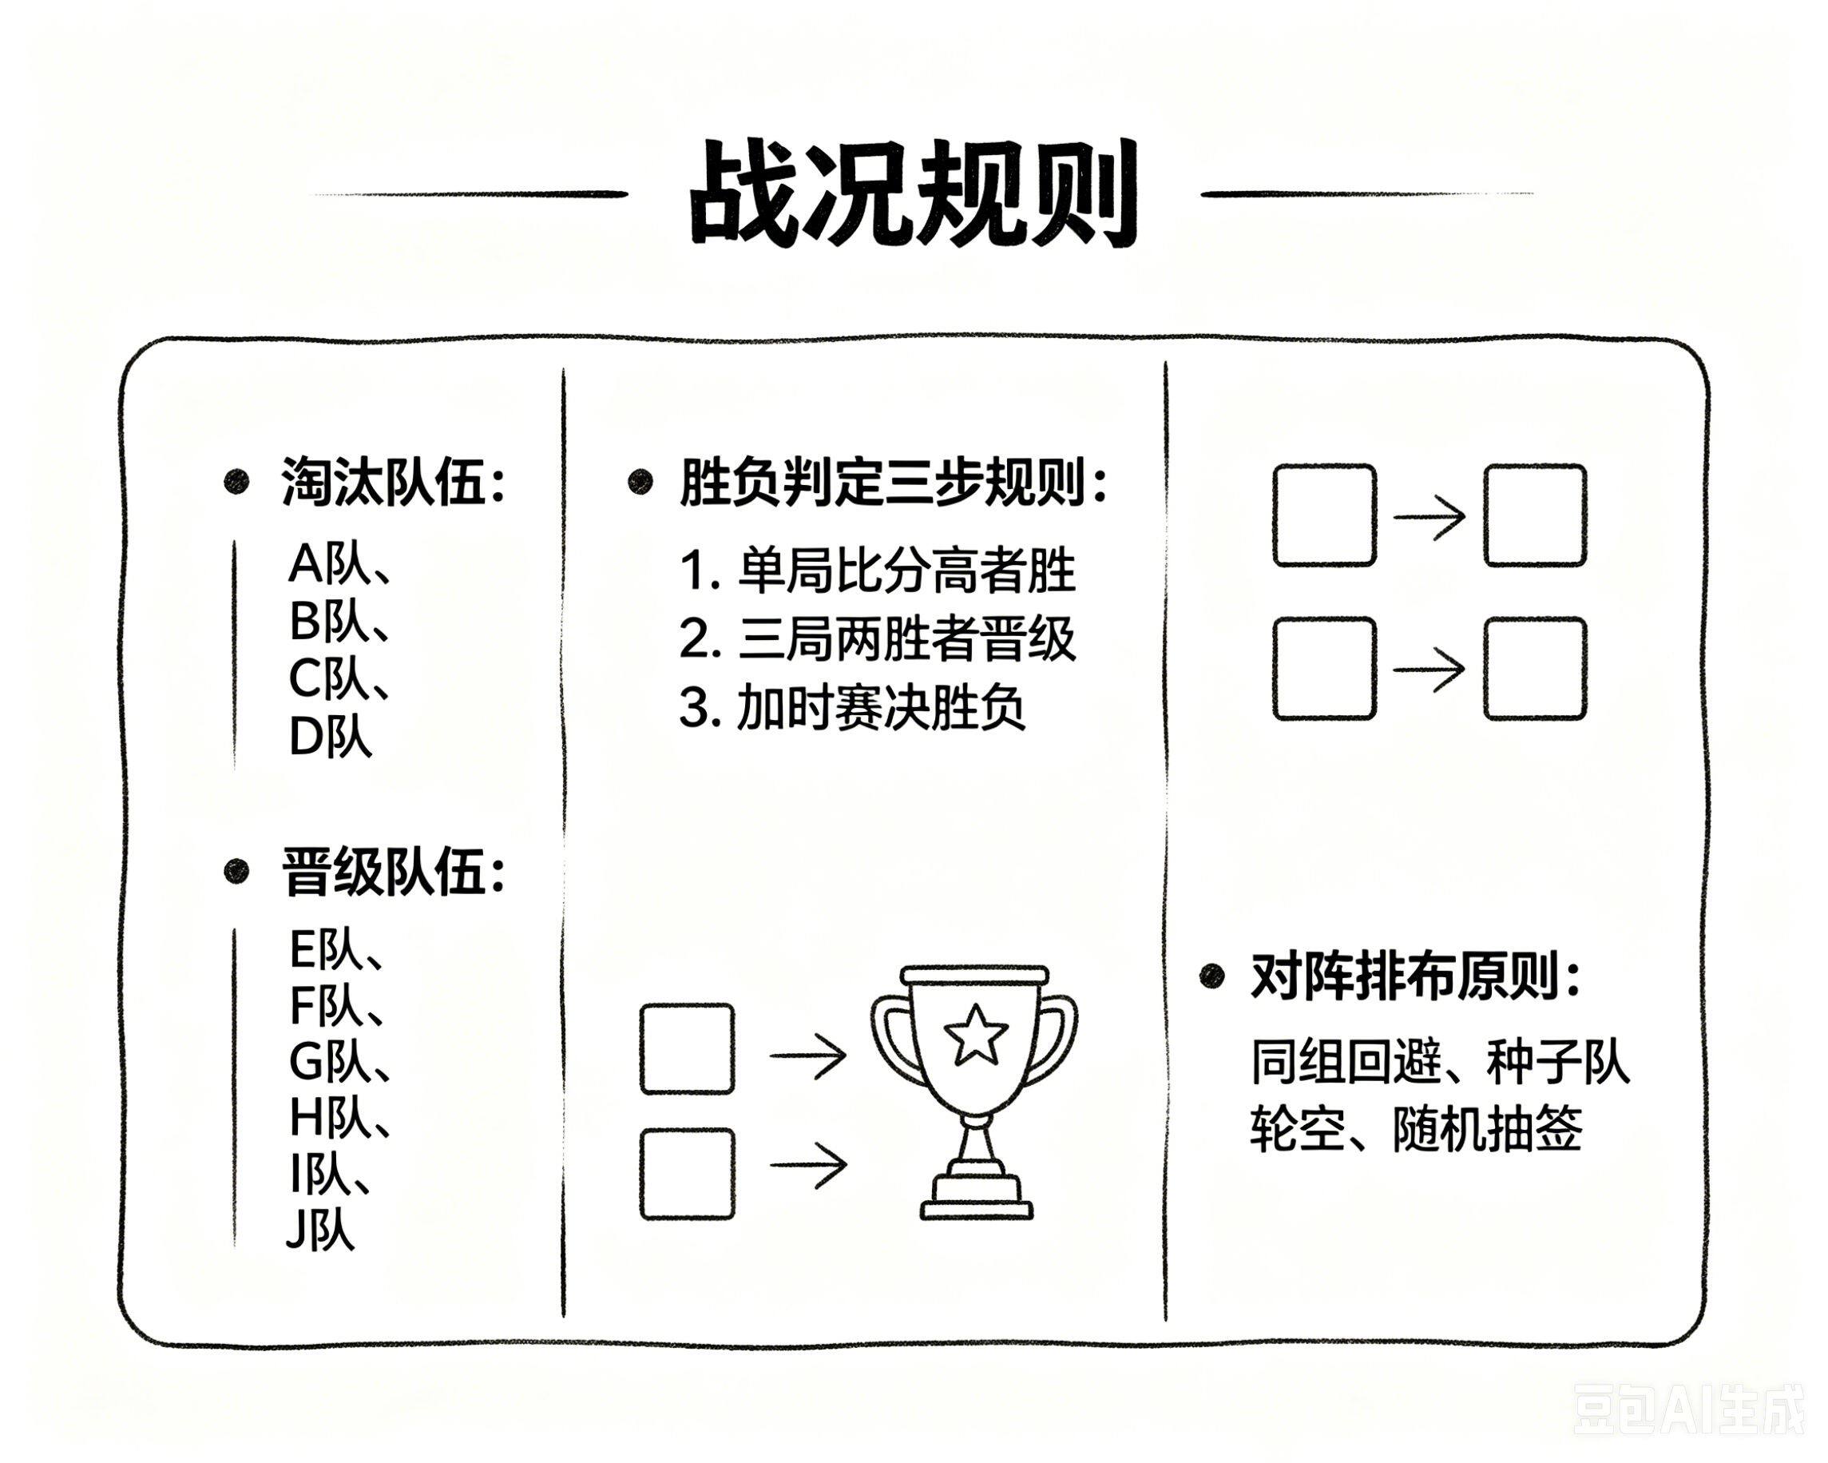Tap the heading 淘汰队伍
coord(393,483)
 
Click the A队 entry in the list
coord(339,564)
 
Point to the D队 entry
coord(330,736)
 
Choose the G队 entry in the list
coord(339,1061)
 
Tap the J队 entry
coord(319,1230)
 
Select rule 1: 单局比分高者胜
coord(878,570)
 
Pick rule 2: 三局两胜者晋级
coord(878,638)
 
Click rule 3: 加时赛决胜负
coord(852,707)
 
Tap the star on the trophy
coord(976,1036)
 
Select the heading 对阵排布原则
coord(1415,976)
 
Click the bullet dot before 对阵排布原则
coord(1212,976)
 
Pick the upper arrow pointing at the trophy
coord(808,1054)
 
